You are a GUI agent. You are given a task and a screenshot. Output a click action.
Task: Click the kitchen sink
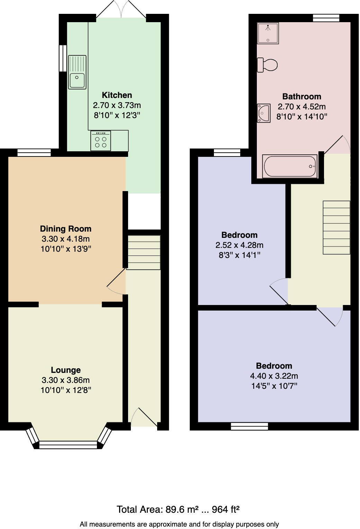click(77, 72)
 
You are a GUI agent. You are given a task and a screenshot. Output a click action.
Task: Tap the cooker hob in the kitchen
click(101, 141)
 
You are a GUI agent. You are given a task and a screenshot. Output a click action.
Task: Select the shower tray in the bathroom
click(268, 33)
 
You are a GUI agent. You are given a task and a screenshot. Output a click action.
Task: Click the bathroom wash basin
click(263, 113)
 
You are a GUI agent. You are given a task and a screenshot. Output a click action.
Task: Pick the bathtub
click(290, 166)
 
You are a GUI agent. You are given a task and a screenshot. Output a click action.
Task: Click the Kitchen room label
click(117, 95)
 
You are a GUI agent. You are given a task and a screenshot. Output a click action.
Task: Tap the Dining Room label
click(66, 229)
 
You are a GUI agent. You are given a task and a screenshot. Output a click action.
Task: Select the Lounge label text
click(66, 370)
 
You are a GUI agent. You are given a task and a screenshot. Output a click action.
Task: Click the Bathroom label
click(301, 97)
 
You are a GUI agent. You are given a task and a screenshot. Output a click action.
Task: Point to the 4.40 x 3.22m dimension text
click(274, 376)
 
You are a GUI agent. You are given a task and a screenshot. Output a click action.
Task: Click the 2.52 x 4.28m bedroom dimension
click(239, 245)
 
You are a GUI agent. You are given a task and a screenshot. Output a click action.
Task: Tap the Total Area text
click(178, 509)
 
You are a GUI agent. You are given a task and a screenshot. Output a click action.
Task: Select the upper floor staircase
click(336, 227)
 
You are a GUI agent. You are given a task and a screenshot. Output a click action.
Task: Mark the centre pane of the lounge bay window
click(68, 445)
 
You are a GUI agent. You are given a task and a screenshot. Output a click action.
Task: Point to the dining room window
click(34, 152)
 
